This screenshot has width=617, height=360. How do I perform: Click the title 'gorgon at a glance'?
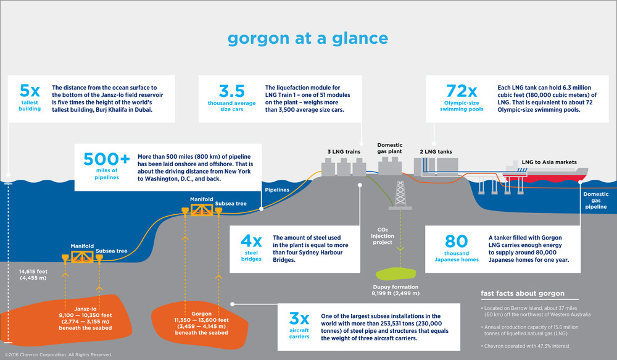(x=308, y=38)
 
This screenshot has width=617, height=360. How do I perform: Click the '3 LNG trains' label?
(x=343, y=150)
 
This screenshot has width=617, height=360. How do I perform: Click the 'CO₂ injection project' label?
(x=383, y=235)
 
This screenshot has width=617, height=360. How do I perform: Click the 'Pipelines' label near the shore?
(x=276, y=190)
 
